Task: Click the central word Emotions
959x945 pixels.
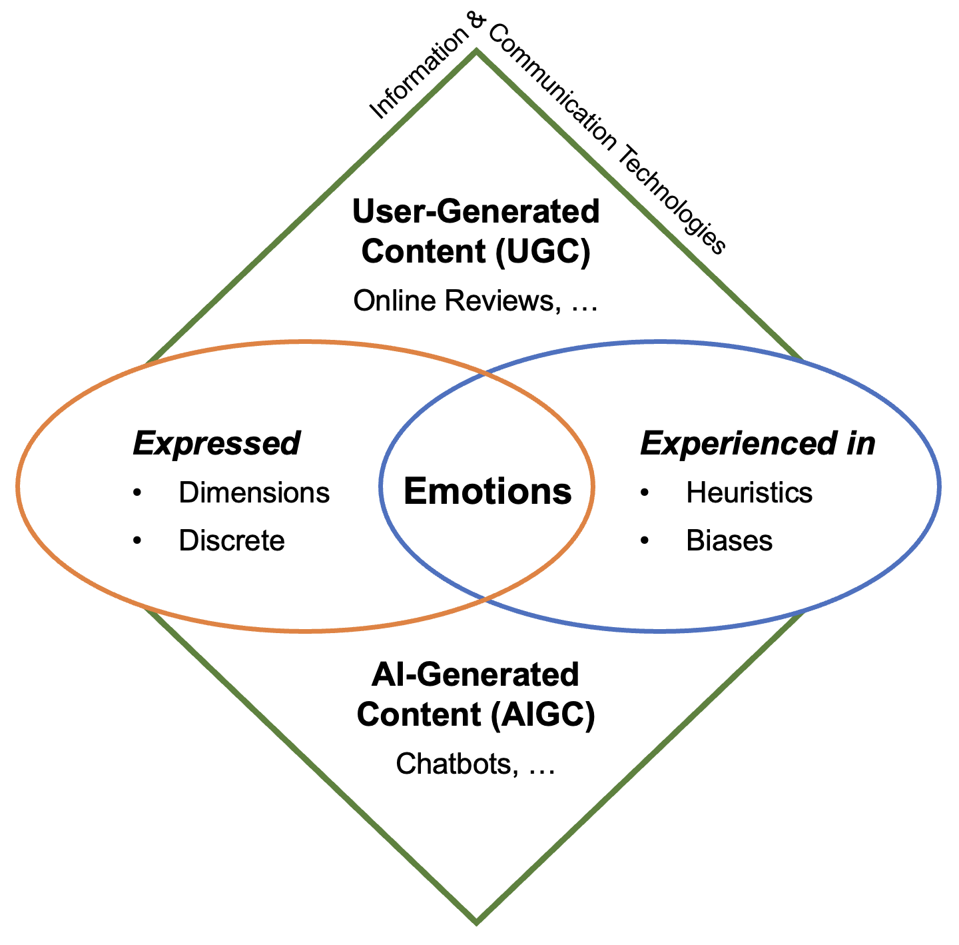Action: click(487, 492)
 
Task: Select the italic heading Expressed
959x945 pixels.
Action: click(216, 444)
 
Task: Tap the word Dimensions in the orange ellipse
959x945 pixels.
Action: click(254, 493)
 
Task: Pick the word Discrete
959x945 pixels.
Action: click(232, 540)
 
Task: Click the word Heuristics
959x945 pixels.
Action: click(749, 493)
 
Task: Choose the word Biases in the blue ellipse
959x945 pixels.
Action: click(729, 540)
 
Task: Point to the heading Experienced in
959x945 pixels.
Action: click(757, 444)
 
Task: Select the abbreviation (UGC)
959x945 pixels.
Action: click(543, 253)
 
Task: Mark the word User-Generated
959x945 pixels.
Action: click(476, 212)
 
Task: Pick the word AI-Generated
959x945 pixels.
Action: click(476, 675)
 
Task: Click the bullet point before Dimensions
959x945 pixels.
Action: click(138, 493)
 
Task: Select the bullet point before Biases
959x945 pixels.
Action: click(645, 540)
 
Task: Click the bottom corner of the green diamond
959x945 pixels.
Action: click(476, 922)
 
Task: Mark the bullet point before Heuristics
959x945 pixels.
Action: click(645, 493)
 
